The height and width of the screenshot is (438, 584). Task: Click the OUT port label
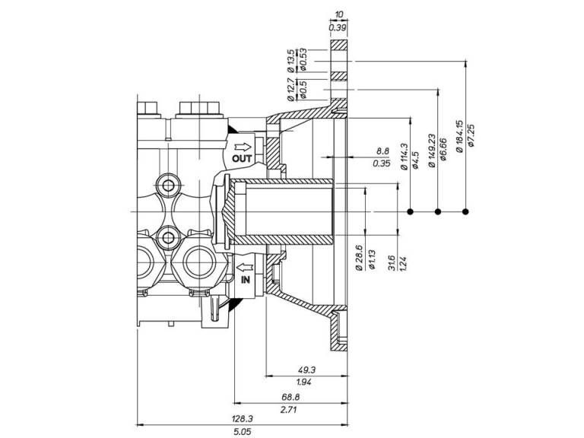(x=242, y=158)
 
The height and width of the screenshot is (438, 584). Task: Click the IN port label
(x=245, y=280)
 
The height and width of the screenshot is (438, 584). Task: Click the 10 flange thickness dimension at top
(x=339, y=14)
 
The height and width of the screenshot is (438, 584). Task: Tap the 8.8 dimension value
(x=382, y=151)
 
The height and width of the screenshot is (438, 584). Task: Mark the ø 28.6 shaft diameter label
(x=359, y=257)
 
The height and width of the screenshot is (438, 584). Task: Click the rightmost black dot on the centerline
(x=465, y=211)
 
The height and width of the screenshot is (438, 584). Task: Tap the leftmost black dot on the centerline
(x=410, y=211)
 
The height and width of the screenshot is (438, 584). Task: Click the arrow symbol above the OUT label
(x=242, y=146)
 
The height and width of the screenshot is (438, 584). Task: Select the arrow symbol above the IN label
(x=245, y=268)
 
